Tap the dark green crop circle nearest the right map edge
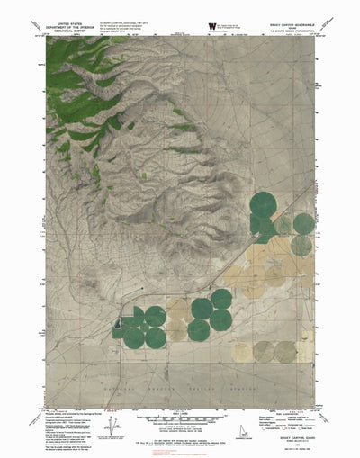pos(304,223)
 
